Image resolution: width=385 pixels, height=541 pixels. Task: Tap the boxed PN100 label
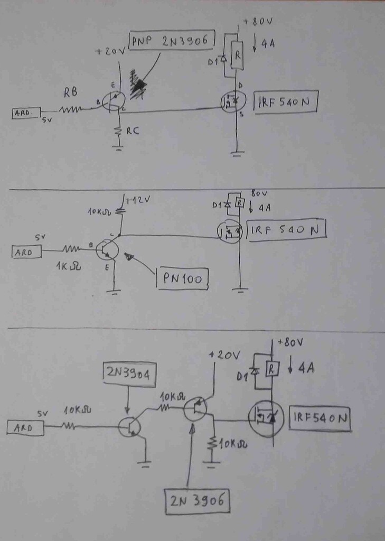tap(182, 278)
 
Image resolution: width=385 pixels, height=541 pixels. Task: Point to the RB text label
tap(71, 92)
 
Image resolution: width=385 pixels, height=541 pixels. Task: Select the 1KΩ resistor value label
tap(68, 266)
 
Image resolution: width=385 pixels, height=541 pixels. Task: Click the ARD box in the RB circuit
tap(26, 113)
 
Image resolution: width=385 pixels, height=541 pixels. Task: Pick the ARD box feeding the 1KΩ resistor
tap(26, 252)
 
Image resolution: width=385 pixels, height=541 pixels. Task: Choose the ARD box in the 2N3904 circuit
tap(25, 427)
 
